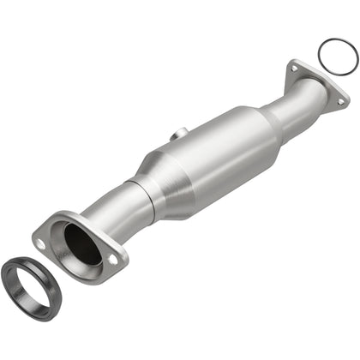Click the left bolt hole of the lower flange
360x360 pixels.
(40, 244)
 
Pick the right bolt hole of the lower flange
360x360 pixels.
(114, 258)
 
